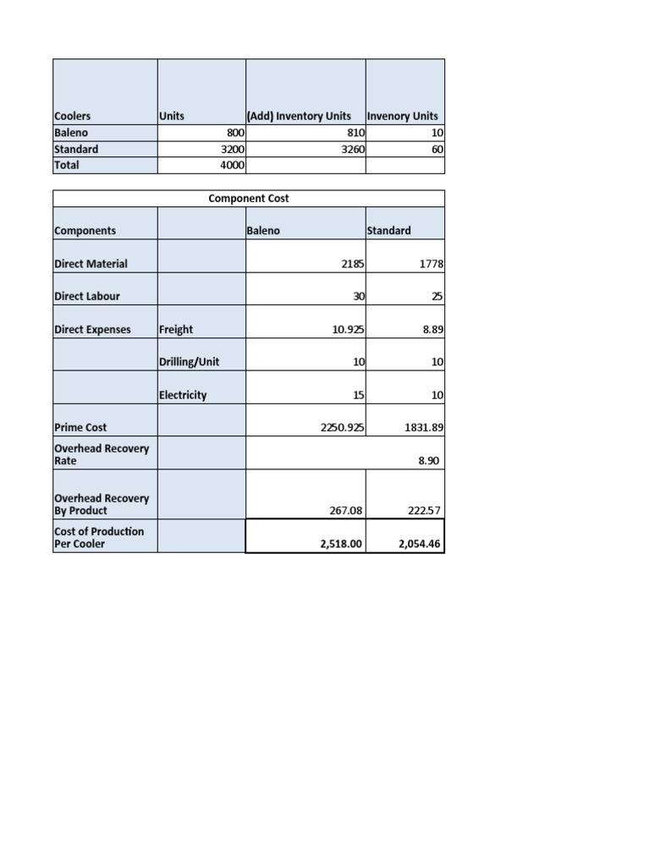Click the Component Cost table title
point(248,198)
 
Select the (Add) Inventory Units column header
point(299,116)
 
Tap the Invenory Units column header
point(403,116)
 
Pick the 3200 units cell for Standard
point(232,149)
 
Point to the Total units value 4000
point(232,165)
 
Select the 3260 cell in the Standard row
point(351,149)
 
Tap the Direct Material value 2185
point(352,264)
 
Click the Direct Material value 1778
point(431,264)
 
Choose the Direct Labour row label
point(87,297)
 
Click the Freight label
point(176,330)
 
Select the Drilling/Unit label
point(189,362)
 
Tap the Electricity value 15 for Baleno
point(358,395)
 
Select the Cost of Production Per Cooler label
point(99,537)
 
